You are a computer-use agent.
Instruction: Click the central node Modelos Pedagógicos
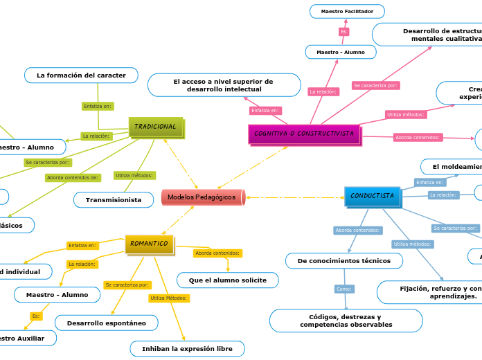click(202, 197)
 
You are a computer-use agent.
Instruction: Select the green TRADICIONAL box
click(156, 127)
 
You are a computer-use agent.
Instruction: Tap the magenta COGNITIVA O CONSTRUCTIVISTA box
click(304, 134)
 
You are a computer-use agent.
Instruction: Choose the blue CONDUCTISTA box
click(372, 197)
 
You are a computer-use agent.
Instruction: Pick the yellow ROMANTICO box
click(149, 244)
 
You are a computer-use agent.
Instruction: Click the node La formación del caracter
click(81, 75)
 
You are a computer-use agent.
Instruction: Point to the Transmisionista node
click(114, 200)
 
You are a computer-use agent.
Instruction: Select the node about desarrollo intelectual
click(224, 85)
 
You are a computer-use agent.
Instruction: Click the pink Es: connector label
click(343, 32)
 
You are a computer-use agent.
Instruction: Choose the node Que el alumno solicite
click(227, 280)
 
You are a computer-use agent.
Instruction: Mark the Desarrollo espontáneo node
click(106, 323)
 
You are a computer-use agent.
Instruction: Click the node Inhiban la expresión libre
click(187, 348)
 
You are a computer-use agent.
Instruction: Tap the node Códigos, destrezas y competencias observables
click(346, 321)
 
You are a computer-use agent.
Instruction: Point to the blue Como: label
click(344, 289)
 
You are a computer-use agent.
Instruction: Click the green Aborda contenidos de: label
click(73, 178)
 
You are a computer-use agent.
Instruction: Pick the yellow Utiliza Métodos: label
click(169, 298)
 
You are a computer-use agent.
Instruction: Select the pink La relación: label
click(323, 91)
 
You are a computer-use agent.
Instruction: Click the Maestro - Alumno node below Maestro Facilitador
click(341, 52)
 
